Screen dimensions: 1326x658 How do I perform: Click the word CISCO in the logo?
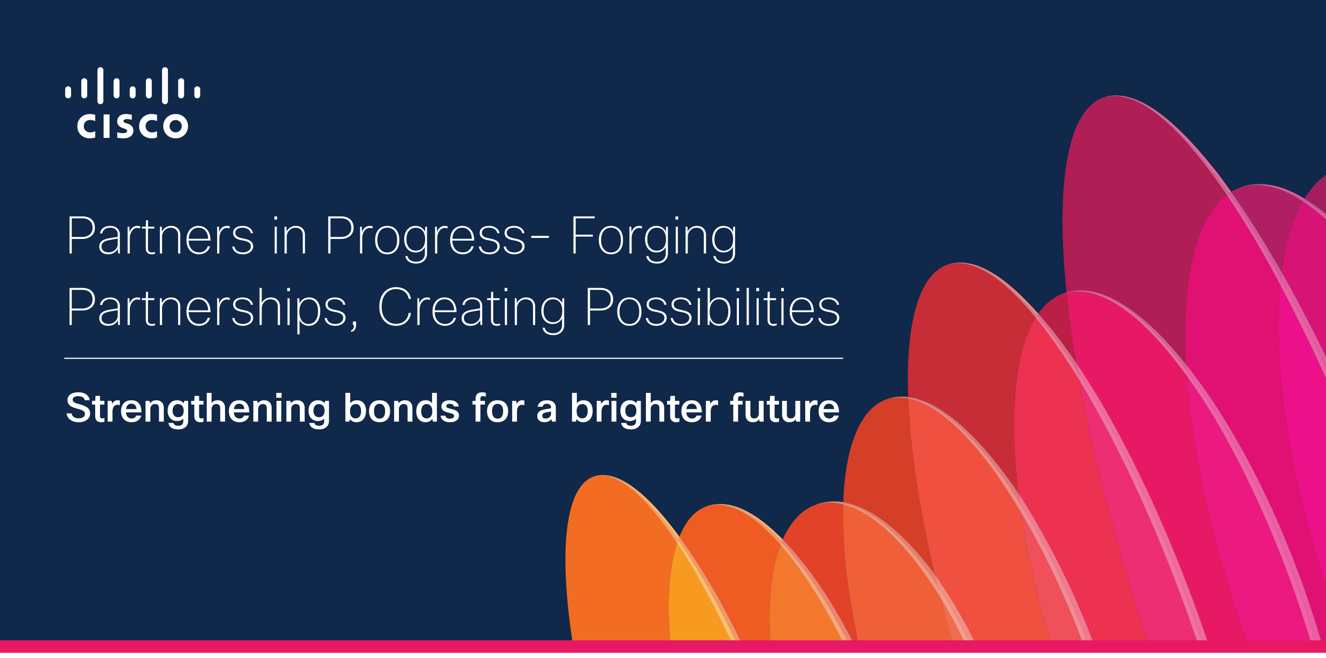click(x=133, y=126)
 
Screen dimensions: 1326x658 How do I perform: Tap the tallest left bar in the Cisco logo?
click(x=101, y=86)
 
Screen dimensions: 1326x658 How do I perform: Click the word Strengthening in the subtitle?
click(x=198, y=409)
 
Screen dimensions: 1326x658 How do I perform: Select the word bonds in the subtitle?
click(x=402, y=408)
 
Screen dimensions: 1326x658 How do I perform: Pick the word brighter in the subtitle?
click(x=644, y=409)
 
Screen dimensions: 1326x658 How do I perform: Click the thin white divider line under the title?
click(x=453, y=358)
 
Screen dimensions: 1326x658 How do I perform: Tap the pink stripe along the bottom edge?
click(x=663, y=646)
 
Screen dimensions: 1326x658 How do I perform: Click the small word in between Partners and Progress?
click(x=289, y=236)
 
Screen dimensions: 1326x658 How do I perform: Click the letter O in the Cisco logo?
click(x=175, y=126)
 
